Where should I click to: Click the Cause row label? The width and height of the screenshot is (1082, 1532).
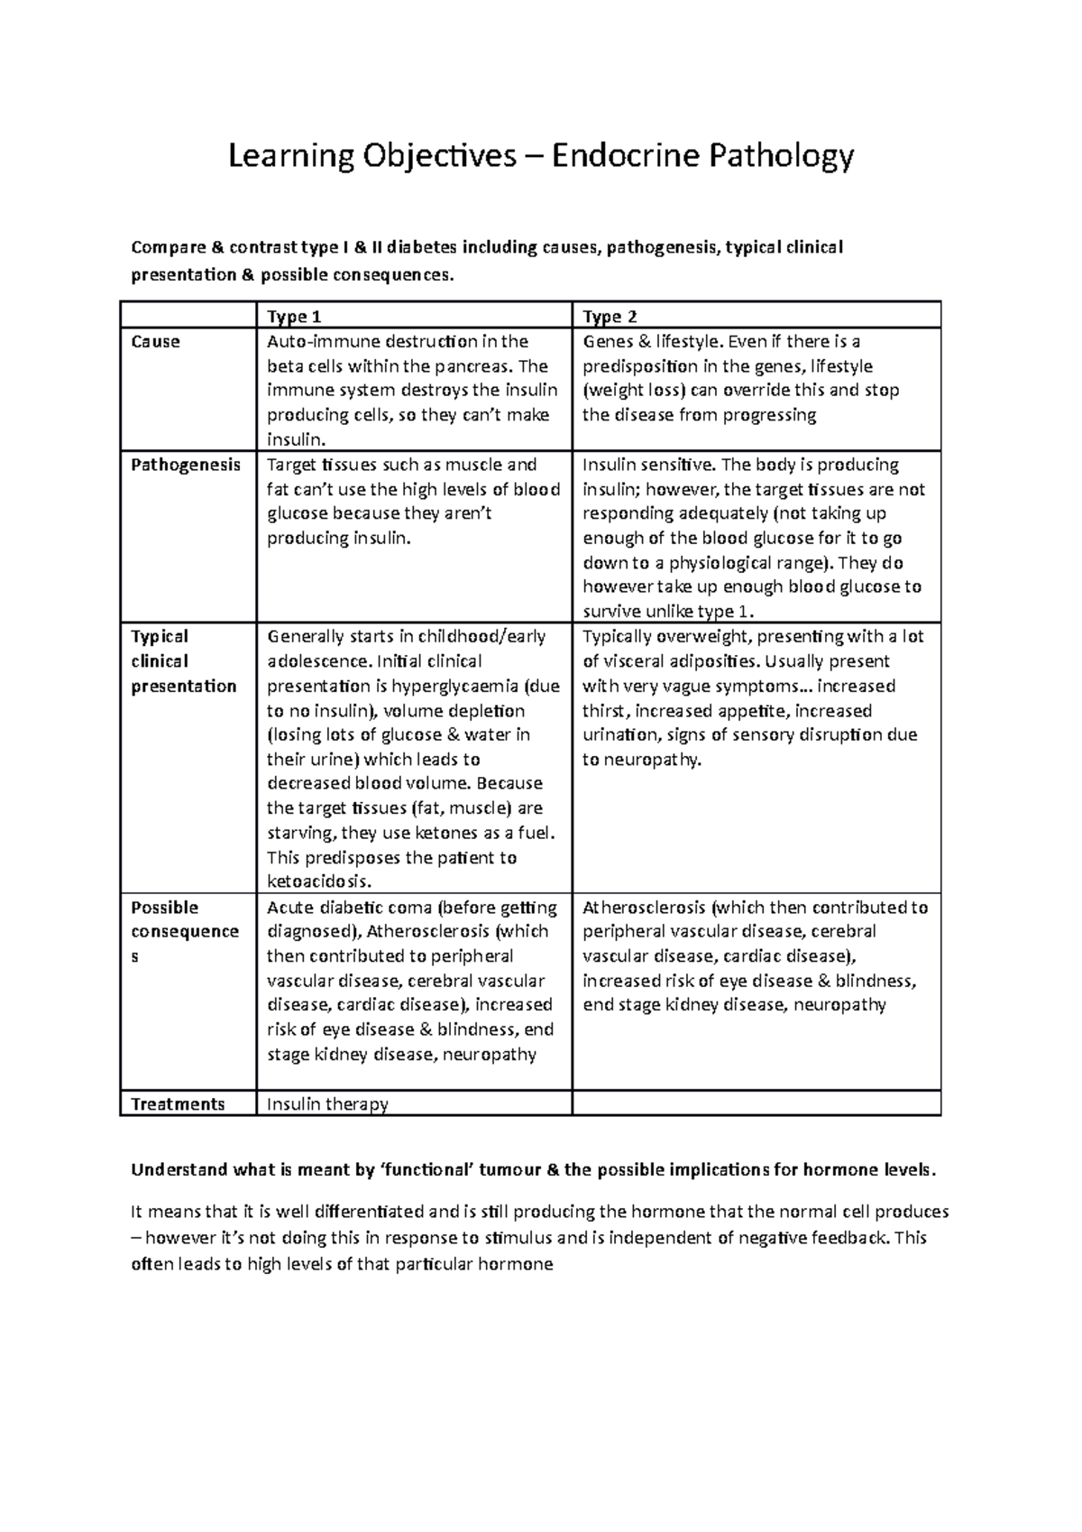[156, 342]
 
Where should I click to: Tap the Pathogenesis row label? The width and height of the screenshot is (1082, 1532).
[186, 466]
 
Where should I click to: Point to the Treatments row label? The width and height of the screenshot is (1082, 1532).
[178, 1104]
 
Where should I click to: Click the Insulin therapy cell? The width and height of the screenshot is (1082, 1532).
[327, 1104]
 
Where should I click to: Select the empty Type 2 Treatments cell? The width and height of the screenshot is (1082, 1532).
[756, 1103]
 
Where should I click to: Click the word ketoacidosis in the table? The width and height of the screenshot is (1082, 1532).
[319, 881]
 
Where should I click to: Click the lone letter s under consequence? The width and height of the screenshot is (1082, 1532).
[136, 956]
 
